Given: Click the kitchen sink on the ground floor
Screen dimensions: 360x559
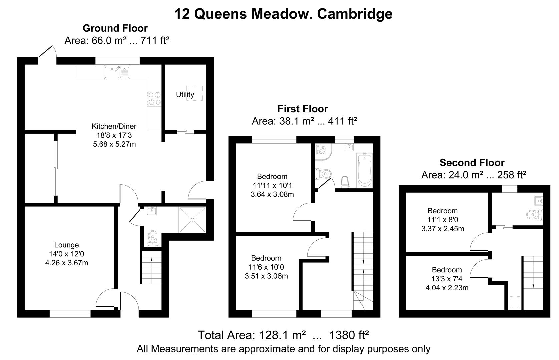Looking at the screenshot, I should pos(117,72).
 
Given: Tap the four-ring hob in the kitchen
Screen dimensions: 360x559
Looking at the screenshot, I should pos(154,99).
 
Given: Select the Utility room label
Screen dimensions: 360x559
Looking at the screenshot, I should pos(185,95).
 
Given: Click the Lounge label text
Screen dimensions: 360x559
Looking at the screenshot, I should pos(66,245).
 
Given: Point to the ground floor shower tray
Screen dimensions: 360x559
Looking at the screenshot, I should pos(193,220).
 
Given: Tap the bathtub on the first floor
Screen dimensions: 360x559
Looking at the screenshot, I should pos(365,170).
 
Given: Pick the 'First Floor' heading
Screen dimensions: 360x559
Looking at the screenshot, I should pos(303,109).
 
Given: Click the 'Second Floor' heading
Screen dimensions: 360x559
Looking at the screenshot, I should pos(472,163).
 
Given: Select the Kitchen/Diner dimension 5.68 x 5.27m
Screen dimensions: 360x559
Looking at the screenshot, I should pos(114,144).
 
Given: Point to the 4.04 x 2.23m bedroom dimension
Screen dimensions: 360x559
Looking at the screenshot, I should pos(447,288).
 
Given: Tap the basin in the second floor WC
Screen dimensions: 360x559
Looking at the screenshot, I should pos(538,201).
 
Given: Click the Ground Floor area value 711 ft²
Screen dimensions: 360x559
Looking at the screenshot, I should pos(155,41).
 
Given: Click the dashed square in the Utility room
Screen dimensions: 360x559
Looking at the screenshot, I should pos(195,93).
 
